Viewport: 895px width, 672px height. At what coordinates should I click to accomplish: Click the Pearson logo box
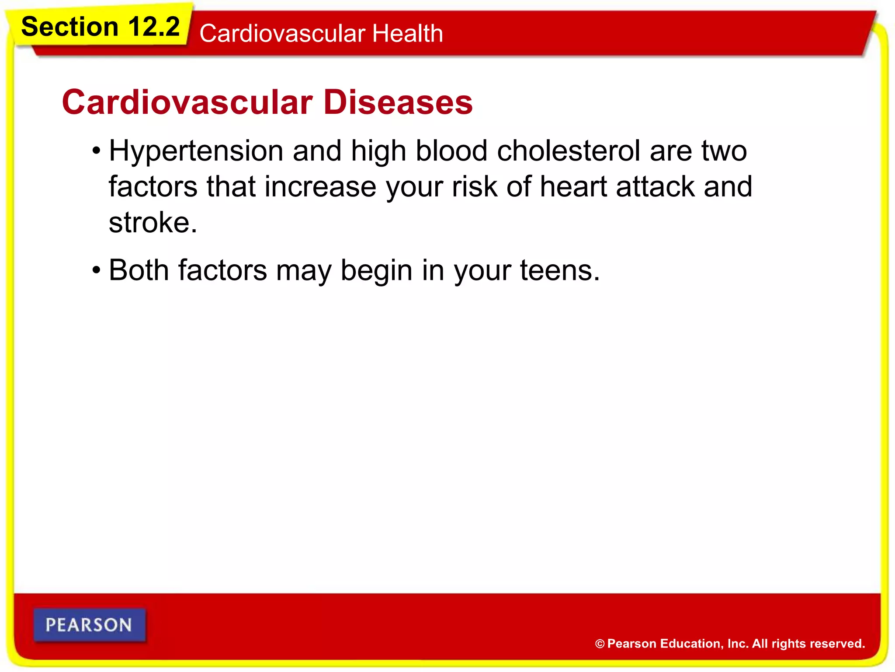(89, 625)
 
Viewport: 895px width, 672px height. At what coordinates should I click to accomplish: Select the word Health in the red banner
(407, 34)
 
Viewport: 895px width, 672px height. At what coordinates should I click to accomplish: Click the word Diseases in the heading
(398, 102)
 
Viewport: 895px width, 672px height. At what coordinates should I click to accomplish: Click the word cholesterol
(569, 151)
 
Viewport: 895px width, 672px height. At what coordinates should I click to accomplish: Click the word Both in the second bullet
(139, 270)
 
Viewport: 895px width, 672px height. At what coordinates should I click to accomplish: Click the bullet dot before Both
(96, 271)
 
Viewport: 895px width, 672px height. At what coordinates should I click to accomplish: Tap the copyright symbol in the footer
(600, 644)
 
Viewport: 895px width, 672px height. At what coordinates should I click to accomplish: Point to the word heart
(573, 187)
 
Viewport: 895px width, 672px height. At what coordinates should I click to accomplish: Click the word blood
(451, 151)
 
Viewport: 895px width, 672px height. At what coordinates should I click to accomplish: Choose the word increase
(320, 187)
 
